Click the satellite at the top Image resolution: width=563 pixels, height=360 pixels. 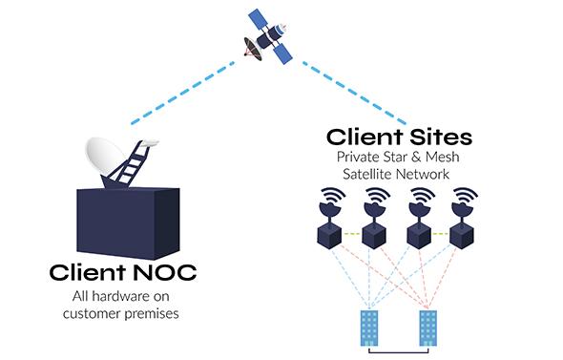tap(267, 36)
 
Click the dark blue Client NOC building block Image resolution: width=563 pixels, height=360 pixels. tap(128, 223)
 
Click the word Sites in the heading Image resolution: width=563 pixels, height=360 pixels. tap(441, 137)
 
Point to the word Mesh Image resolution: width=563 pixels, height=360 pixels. tap(443, 157)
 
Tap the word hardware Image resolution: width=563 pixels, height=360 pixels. tap(118, 296)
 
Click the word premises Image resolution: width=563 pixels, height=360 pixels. tap(152, 314)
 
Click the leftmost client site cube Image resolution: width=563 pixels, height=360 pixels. tap(329, 235)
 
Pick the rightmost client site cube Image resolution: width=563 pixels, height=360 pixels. tap(463, 236)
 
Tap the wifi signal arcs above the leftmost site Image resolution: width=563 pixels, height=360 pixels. tap(334, 196)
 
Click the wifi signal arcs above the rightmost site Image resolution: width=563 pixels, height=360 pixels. tap(466, 196)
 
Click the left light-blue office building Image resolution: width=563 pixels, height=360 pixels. tap(369, 328)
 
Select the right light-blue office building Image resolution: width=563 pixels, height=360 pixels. tap(428, 328)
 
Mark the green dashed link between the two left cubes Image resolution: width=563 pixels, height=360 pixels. tap(351, 234)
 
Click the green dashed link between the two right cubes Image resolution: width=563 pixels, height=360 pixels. tap(440, 234)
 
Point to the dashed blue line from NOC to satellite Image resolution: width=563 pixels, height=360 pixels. tap(182, 93)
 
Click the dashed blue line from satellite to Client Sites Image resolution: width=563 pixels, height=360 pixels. tap(354, 93)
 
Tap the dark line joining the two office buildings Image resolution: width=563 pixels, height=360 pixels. tap(399, 352)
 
